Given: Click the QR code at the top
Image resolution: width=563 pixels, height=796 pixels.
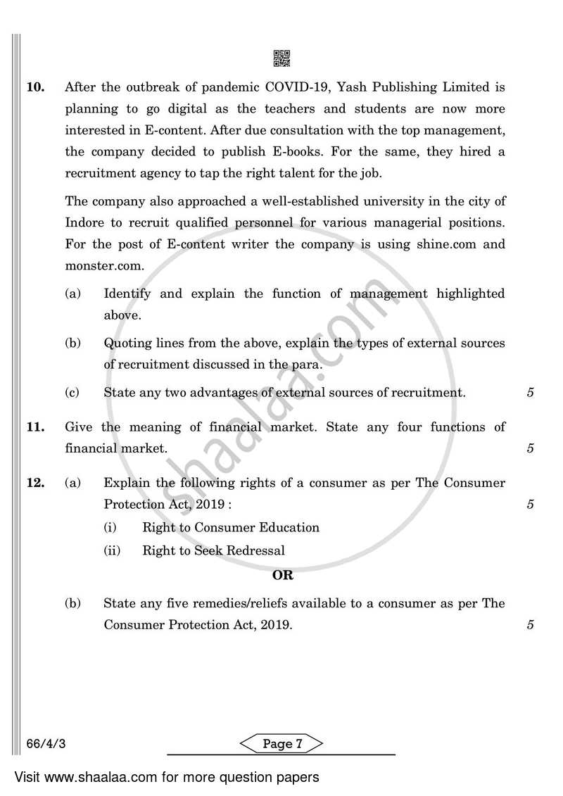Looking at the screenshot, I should tap(281, 59).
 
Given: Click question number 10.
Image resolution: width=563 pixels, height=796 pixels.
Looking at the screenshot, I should tap(35, 88).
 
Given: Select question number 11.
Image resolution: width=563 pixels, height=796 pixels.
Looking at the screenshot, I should tap(35, 427).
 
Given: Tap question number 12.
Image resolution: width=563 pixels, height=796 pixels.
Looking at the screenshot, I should tap(35, 483).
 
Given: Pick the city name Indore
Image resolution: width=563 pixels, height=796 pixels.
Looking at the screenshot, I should tap(84, 223).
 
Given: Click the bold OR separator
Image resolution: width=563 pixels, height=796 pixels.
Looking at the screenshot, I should tap(282, 575).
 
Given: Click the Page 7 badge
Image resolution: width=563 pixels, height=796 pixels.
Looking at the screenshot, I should tap(281, 745).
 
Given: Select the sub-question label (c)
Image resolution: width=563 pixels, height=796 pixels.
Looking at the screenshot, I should tap(72, 393).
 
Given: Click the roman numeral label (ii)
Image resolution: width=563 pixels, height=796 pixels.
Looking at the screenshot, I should tap(111, 551).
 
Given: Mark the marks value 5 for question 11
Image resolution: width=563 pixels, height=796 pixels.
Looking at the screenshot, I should tap(530, 448).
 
